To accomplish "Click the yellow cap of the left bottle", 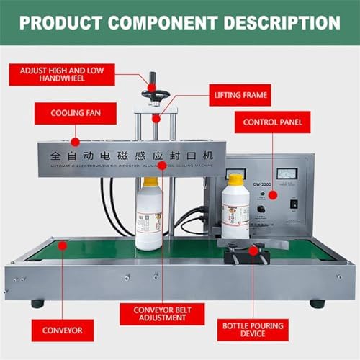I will click(x=150, y=182).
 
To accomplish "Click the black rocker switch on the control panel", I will click(x=293, y=204).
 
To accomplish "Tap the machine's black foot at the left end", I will click(x=37, y=303).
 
